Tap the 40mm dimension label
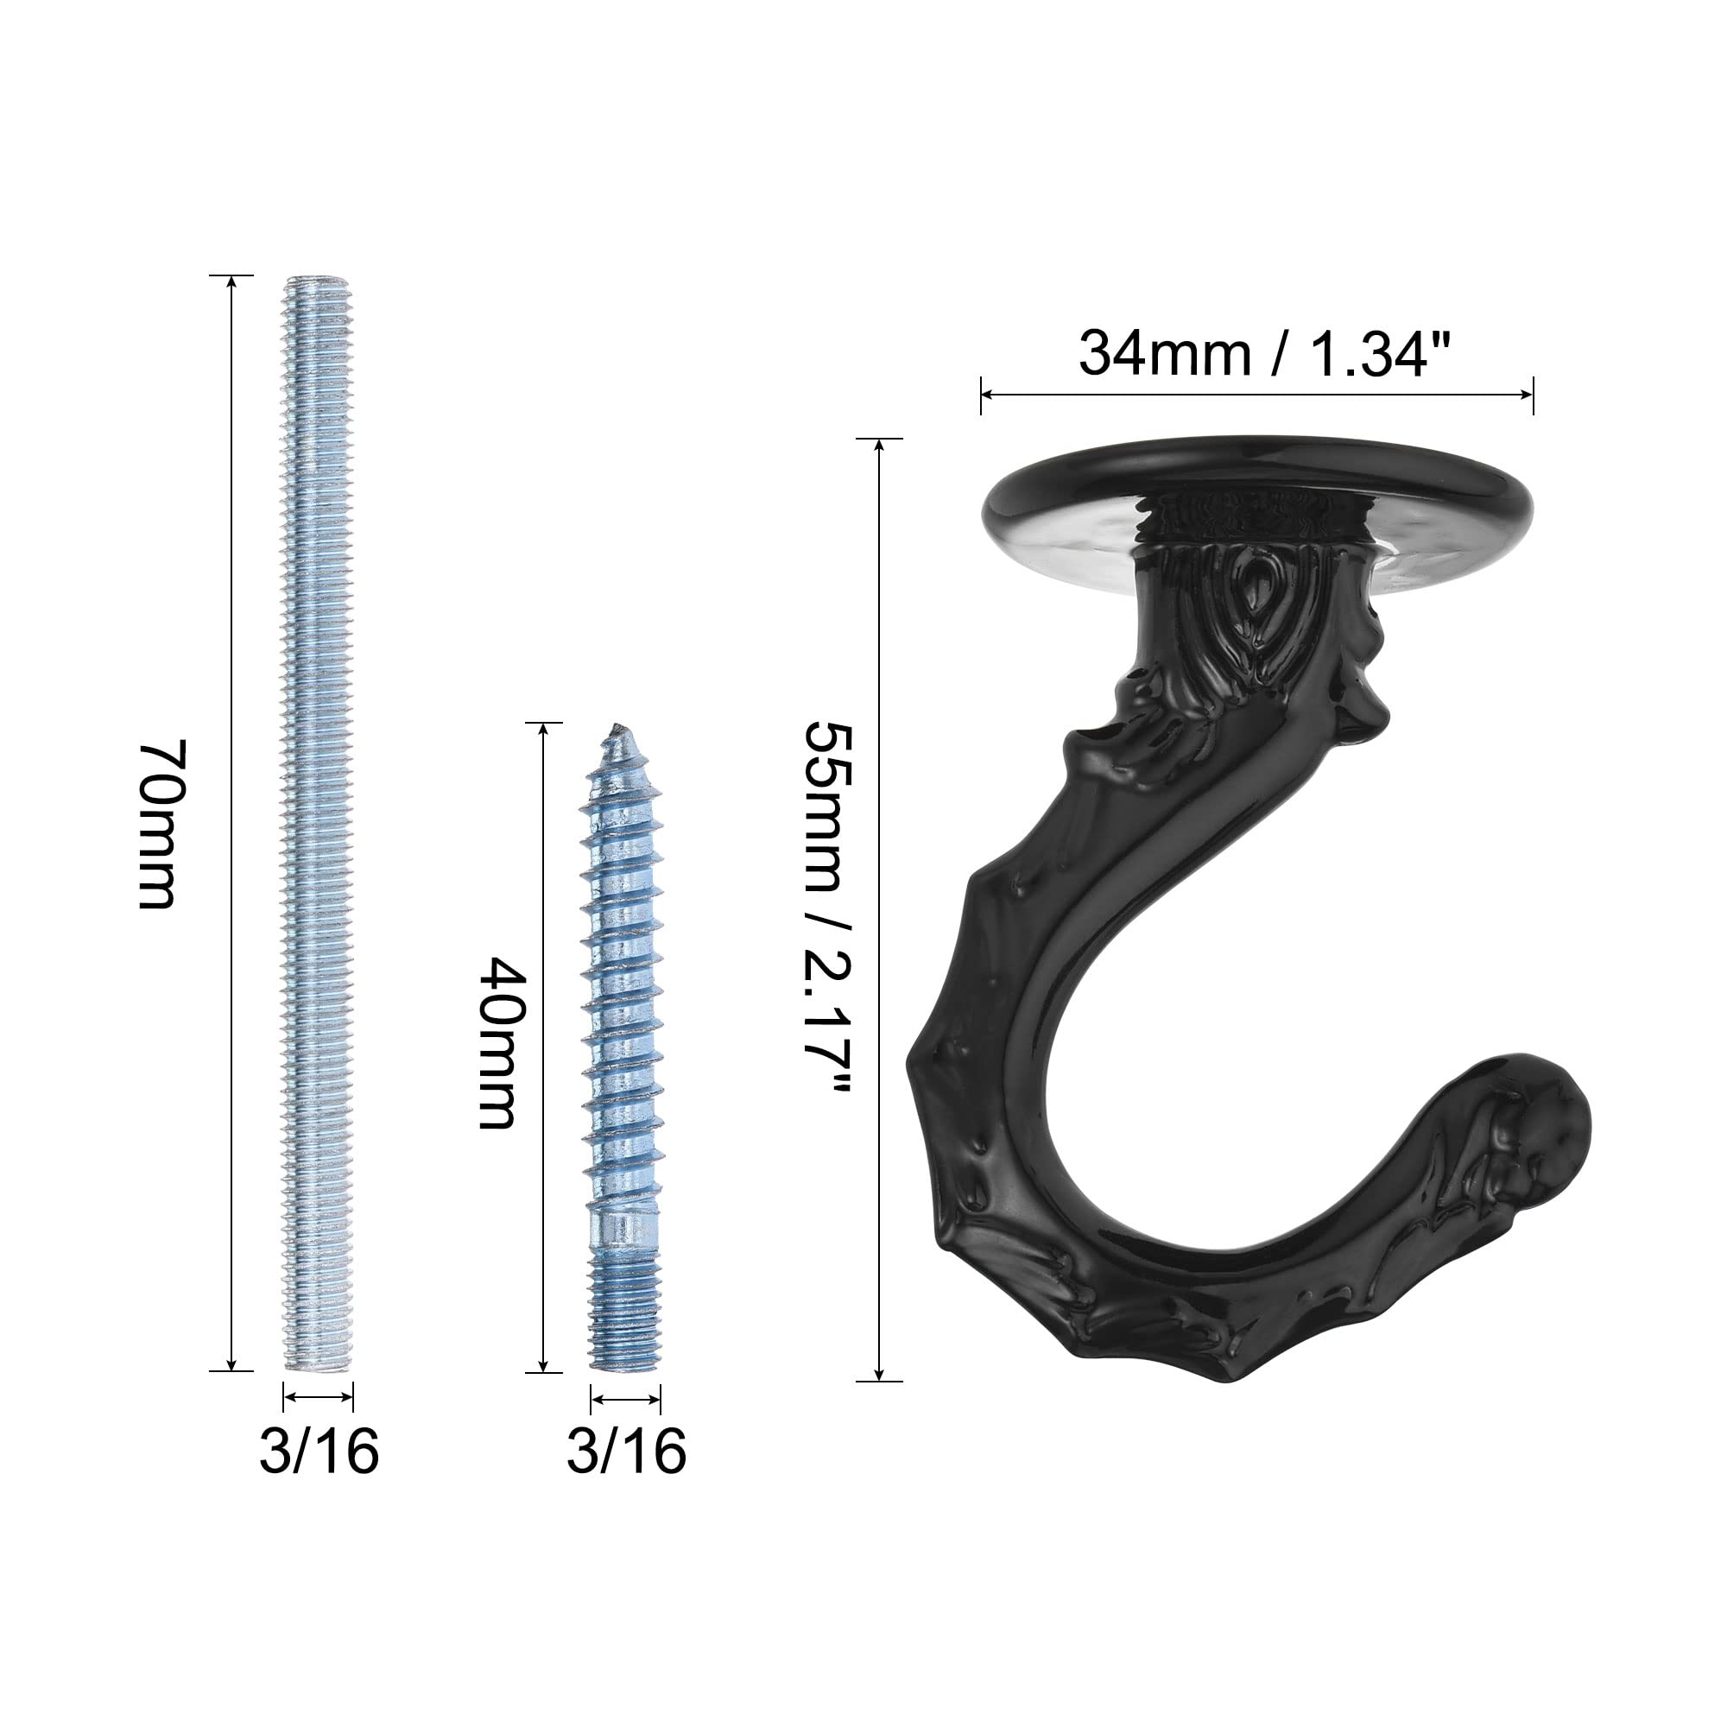tap(497, 1043)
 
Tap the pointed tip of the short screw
tap(615, 725)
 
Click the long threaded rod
tap(319, 823)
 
